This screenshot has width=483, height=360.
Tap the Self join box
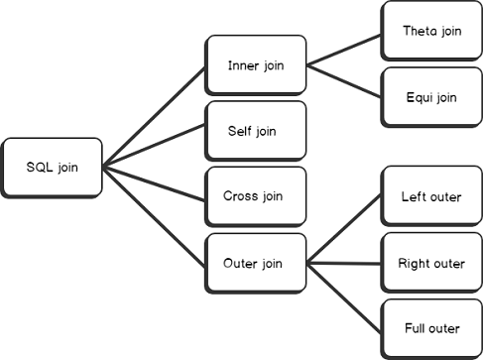(x=254, y=130)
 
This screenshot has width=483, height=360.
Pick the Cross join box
(x=254, y=195)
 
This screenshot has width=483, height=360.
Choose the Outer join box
(x=254, y=264)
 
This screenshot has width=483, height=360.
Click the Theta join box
(x=430, y=32)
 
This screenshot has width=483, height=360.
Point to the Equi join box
(x=430, y=97)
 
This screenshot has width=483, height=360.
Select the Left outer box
(x=430, y=197)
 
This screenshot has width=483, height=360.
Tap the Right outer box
(x=430, y=264)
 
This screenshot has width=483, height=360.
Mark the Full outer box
(x=430, y=328)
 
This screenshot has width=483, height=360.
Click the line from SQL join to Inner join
(x=154, y=116)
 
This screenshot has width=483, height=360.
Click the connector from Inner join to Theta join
(x=343, y=50)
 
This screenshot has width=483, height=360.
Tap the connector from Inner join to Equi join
(x=343, y=81)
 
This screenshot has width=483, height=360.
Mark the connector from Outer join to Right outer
(x=343, y=264)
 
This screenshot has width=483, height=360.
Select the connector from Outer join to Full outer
(x=343, y=296)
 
